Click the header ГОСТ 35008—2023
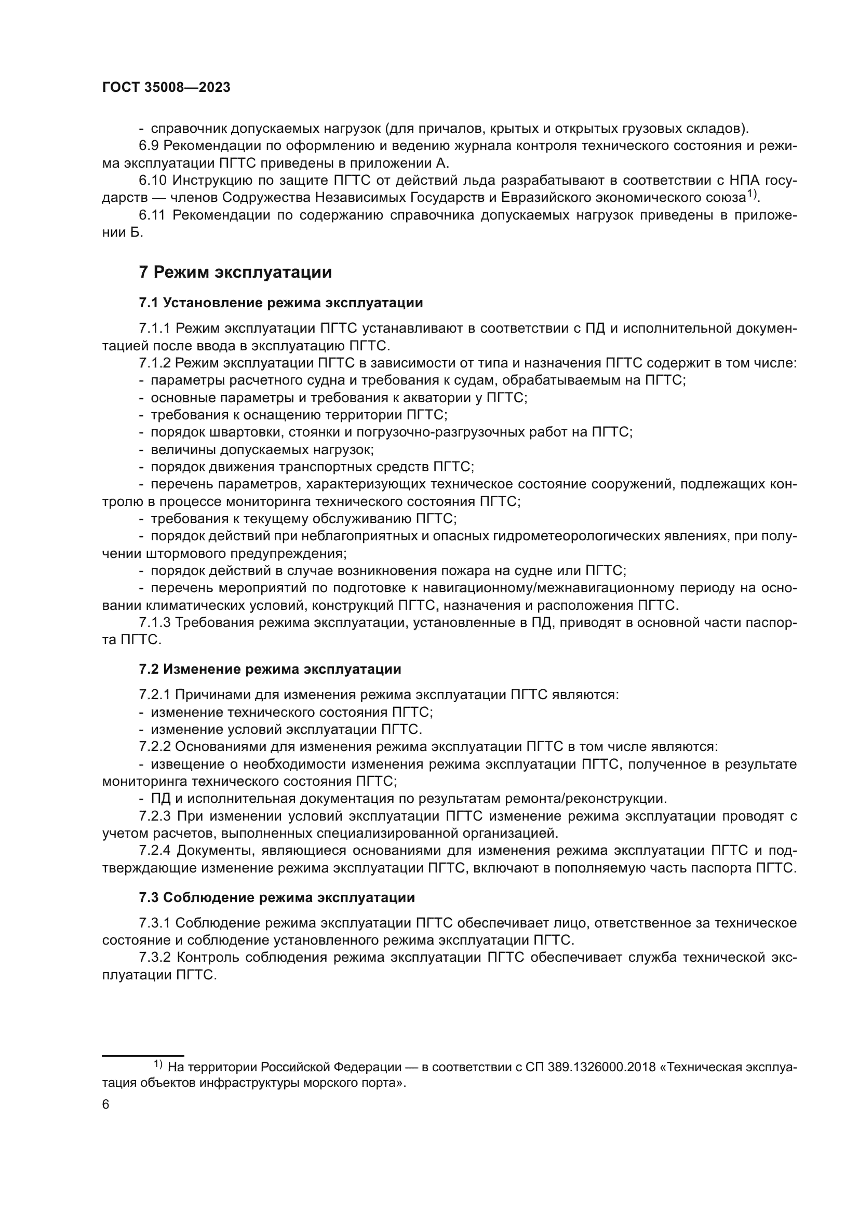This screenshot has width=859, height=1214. [166, 88]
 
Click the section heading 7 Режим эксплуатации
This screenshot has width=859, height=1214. [235, 272]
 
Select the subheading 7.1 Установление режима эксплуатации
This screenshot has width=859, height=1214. [281, 303]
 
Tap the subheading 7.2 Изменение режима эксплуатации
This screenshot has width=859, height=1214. [270, 669]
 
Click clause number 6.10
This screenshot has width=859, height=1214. [152, 180]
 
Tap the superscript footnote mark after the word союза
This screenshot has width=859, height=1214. [751, 195]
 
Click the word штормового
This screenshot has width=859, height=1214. [200, 553]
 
